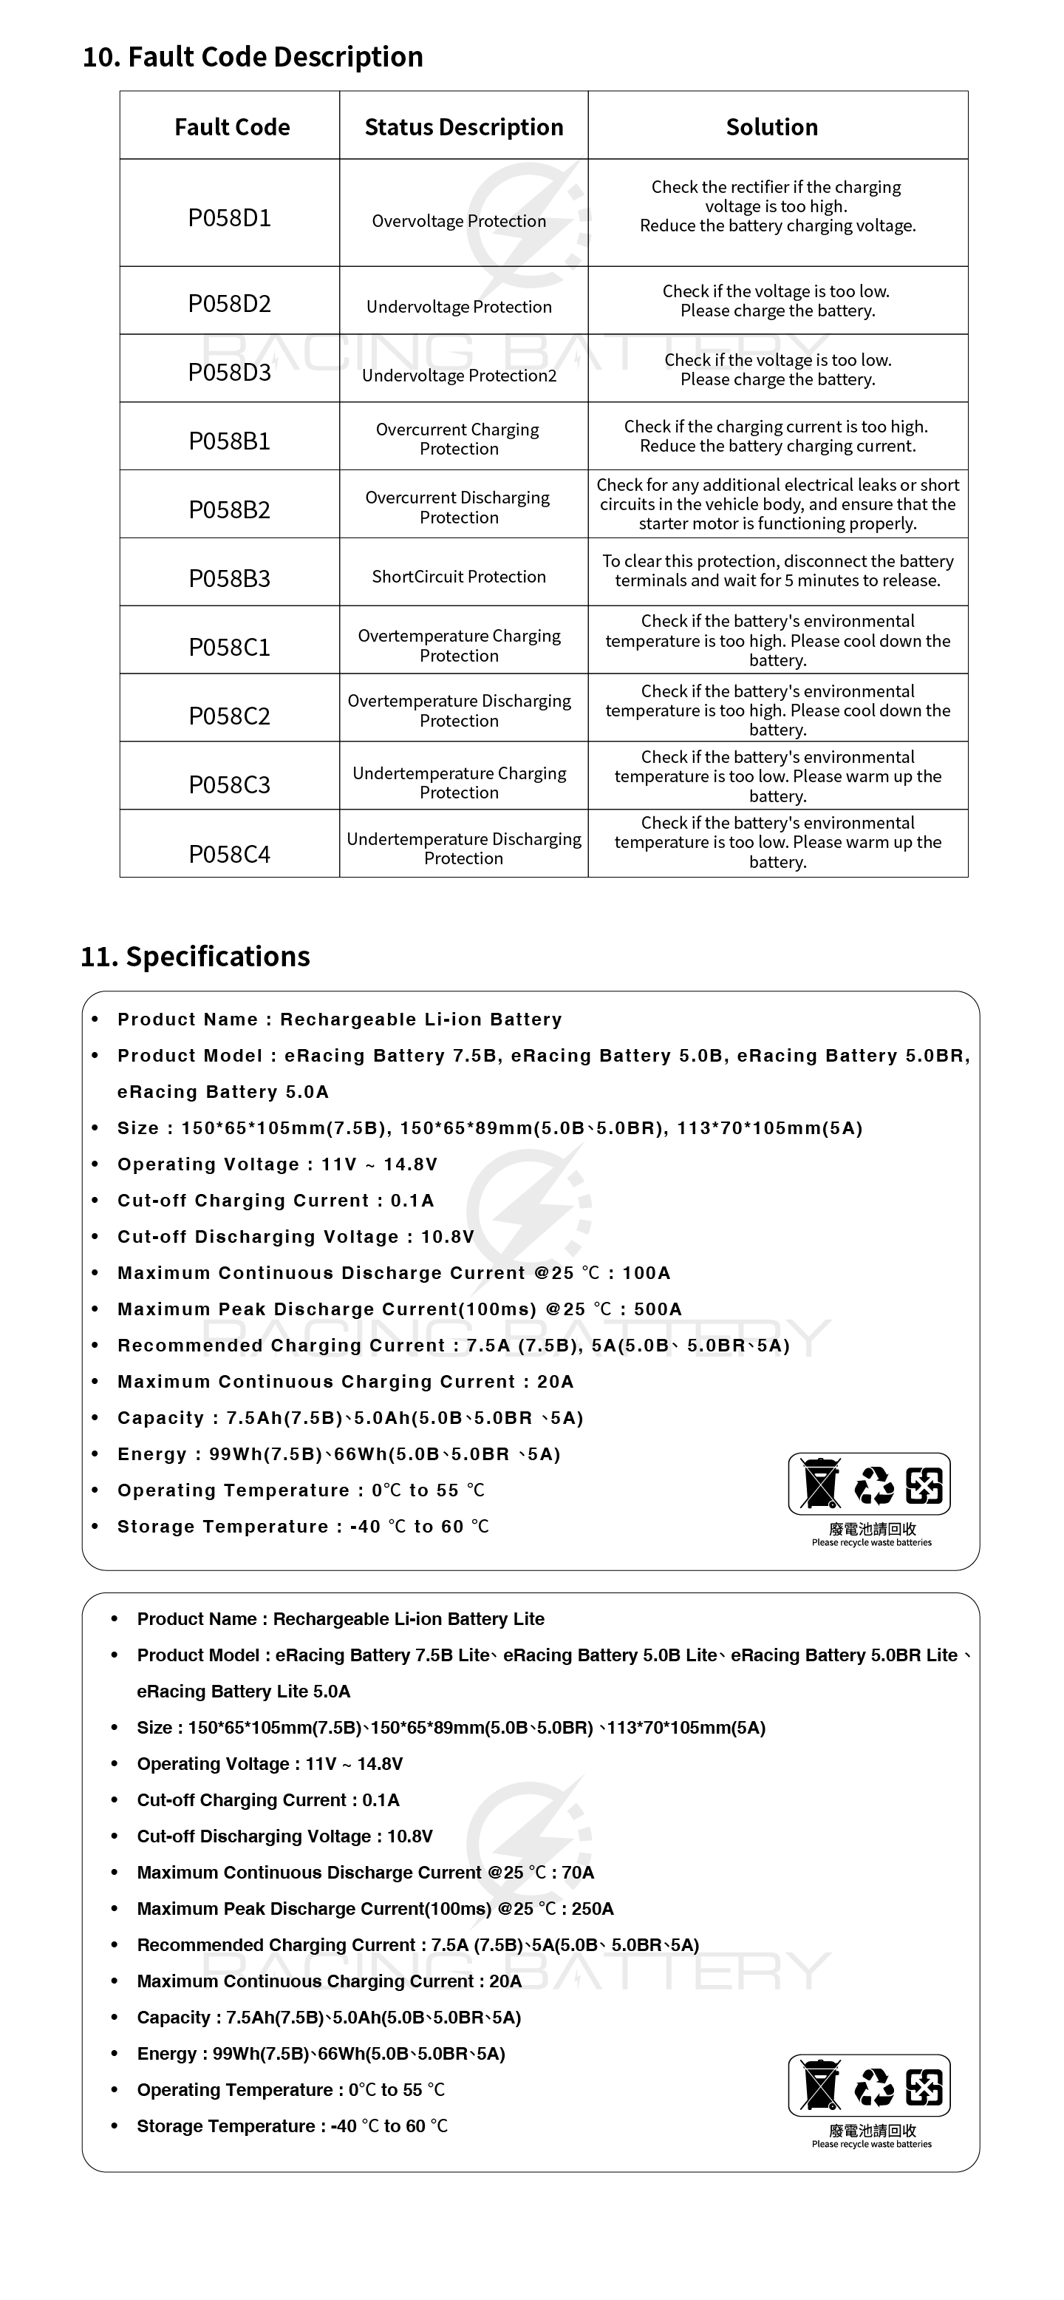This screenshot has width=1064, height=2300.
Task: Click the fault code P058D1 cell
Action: click(x=229, y=218)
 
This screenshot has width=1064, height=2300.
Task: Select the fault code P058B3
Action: click(x=229, y=579)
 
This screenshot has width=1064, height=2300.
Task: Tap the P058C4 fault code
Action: click(x=229, y=855)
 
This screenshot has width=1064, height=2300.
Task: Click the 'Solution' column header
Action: click(x=771, y=126)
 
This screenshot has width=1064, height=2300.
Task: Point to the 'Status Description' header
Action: click(x=463, y=126)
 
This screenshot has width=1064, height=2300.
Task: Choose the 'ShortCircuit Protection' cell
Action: click(x=459, y=577)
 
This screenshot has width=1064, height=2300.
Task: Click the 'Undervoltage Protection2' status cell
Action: click(x=459, y=375)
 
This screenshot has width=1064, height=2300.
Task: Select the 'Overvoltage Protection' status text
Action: click(x=459, y=220)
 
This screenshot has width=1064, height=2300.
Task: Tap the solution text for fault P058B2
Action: click(x=777, y=503)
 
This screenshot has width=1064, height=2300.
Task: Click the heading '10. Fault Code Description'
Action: click(x=253, y=56)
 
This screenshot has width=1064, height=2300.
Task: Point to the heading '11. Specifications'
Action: click(x=196, y=956)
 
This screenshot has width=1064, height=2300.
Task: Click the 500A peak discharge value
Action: click(x=658, y=1309)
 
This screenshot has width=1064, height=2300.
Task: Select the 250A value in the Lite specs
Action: click(x=593, y=1908)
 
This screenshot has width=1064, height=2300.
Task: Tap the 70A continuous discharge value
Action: click(x=579, y=1873)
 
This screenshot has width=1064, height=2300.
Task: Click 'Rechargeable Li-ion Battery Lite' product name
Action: click(x=409, y=1619)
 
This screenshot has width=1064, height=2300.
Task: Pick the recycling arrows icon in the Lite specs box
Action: click(x=873, y=2086)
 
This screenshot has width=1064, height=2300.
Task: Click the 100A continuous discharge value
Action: click(x=647, y=1272)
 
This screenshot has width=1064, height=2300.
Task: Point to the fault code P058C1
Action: click(x=229, y=648)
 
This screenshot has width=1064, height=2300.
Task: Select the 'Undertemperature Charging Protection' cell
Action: click(x=459, y=782)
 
